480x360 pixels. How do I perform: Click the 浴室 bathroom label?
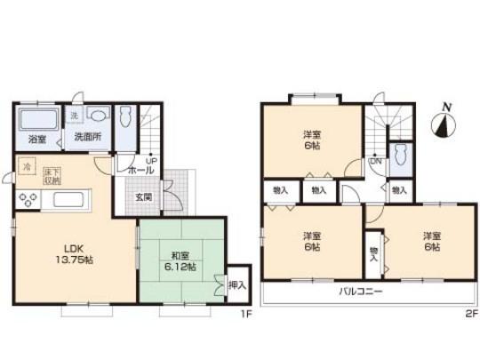pos(36,139)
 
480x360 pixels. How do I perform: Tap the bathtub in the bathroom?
pos(38,119)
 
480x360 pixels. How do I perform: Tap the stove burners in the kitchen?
pos(28,198)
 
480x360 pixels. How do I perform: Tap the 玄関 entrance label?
pos(144,196)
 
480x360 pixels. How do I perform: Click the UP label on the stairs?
pos(152,161)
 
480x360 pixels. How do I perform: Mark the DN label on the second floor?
pos(375,162)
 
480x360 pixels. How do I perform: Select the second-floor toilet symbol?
pos(401,155)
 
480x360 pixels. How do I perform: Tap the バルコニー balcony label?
pos(359,291)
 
